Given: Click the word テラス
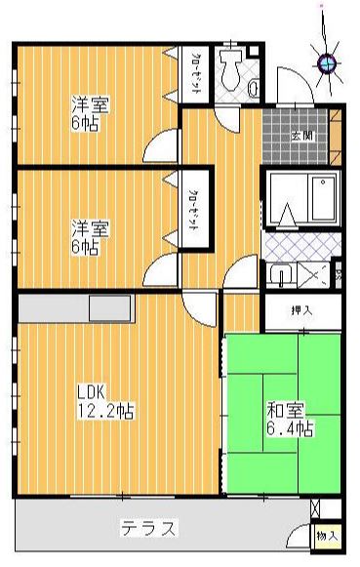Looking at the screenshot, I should click(x=148, y=530).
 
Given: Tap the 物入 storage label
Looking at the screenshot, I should click(x=326, y=537).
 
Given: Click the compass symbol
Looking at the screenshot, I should click(x=328, y=63).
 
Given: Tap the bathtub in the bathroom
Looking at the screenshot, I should click(x=323, y=201).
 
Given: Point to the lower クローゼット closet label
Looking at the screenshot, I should click(x=194, y=211).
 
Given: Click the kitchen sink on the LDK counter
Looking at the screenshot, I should click(x=108, y=308).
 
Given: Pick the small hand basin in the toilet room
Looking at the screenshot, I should click(x=255, y=89).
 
